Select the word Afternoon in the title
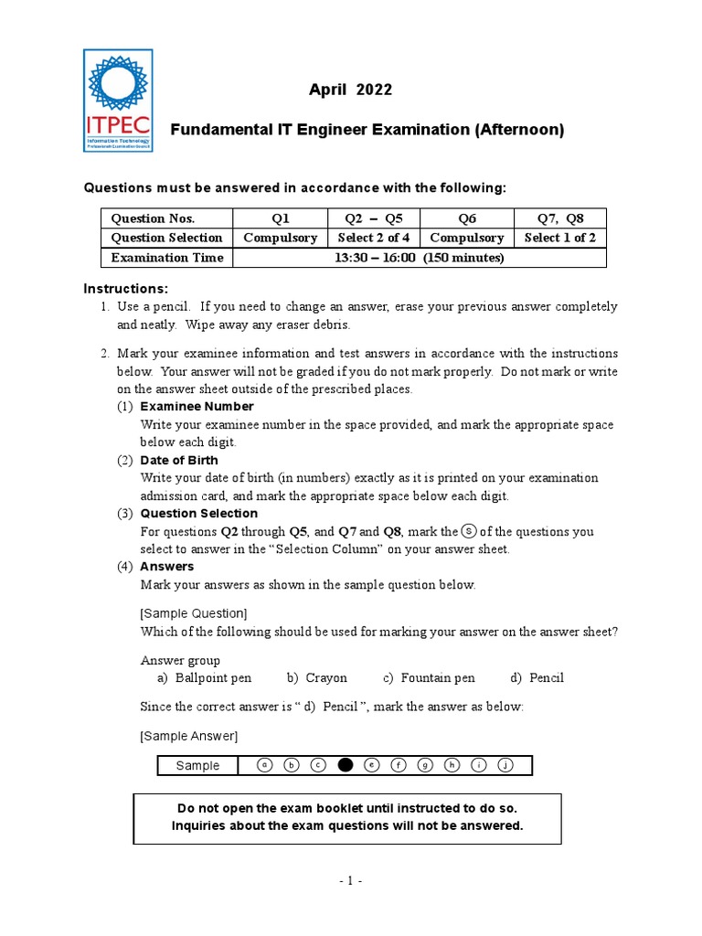coord(517,131)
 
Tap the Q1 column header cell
coord(280,218)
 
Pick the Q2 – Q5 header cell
coord(374,218)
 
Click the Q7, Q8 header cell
coord(559,218)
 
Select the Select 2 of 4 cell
coord(374,238)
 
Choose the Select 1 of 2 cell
coord(559,238)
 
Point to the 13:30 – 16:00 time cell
coord(420,258)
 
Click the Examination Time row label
coord(166,258)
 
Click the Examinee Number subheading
coord(197,406)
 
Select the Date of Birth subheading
coord(179,460)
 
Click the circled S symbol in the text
coord(468,530)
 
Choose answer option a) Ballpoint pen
coord(205,677)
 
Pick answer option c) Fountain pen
coord(429,677)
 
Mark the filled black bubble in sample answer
coord(345,765)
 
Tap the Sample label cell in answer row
coord(197,766)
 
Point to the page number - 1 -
coord(350,881)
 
